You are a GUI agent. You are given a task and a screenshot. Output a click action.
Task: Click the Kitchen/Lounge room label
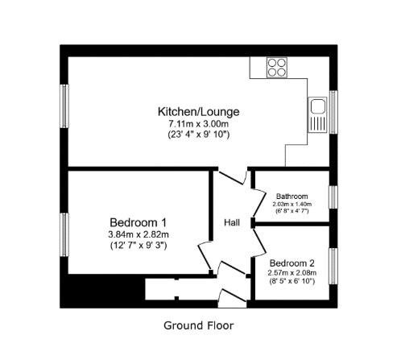tap(198, 112)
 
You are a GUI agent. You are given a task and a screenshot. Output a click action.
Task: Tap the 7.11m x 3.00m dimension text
tap(198, 124)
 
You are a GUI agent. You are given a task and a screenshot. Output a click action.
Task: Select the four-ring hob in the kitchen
tap(277, 68)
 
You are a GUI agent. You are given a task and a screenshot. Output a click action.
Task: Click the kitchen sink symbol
tap(317, 114)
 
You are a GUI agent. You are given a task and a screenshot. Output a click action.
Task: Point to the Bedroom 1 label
tap(138, 222)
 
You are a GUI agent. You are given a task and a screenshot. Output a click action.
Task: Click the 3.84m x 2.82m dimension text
tap(139, 234)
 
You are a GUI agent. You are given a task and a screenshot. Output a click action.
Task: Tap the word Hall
tap(232, 222)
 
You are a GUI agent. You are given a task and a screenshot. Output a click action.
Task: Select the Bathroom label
tap(292, 197)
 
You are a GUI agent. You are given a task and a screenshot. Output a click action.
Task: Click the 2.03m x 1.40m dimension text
tap(292, 204)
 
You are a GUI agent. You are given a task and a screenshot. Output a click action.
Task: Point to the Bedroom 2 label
tap(292, 263)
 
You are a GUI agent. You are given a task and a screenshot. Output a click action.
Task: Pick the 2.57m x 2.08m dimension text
tap(292, 273)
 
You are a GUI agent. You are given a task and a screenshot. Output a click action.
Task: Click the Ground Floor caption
tap(199, 325)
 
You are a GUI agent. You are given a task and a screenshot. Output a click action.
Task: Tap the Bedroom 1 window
tap(64, 234)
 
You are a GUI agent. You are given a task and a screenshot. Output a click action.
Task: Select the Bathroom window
tap(333, 197)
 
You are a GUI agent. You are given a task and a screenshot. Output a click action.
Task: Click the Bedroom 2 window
tap(333, 266)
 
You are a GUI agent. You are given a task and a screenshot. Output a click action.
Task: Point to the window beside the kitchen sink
tap(333, 112)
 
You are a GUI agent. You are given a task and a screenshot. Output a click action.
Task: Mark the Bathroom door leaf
tap(259, 203)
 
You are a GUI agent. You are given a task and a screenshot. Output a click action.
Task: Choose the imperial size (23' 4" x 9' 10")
tap(198, 134)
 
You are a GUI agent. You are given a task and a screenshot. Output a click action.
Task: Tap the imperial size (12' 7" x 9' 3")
tap(139, 246)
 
